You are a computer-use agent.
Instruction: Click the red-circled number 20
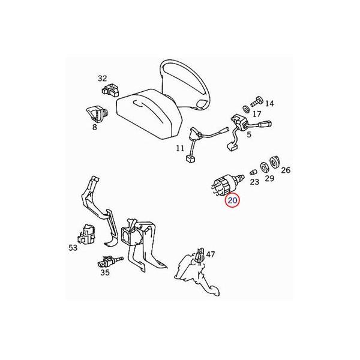point(232,200)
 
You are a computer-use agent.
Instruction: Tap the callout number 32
point(103,79)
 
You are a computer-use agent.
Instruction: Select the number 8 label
point(95,127)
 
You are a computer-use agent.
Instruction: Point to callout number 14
point(269,104)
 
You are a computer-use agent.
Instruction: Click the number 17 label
point(257,114)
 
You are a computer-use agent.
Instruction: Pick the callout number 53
point(73,248)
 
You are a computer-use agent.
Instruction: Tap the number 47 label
point(211,254)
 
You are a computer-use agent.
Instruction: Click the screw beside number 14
point(257,102)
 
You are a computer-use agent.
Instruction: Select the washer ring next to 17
point(247,109)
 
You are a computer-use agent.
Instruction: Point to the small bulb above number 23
point(253,172)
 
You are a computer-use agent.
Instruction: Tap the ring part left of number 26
point(274,162)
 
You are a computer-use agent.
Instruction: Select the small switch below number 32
point(110,89)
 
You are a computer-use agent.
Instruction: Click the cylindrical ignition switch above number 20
point(227,185)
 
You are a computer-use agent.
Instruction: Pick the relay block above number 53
point(86,234)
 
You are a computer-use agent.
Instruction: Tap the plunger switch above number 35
point(109,261)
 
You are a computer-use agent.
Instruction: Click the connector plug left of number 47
point(199,256)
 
